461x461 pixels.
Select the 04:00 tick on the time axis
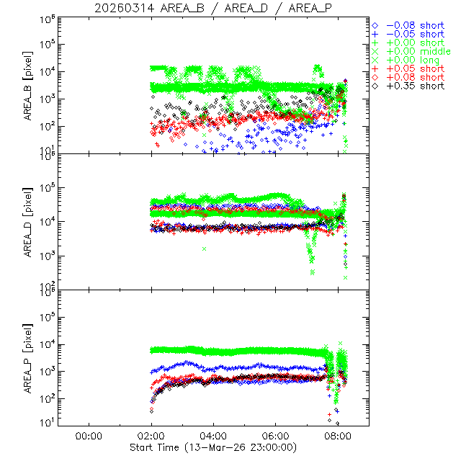coord(214,435)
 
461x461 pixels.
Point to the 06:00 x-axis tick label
coord(277,435)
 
